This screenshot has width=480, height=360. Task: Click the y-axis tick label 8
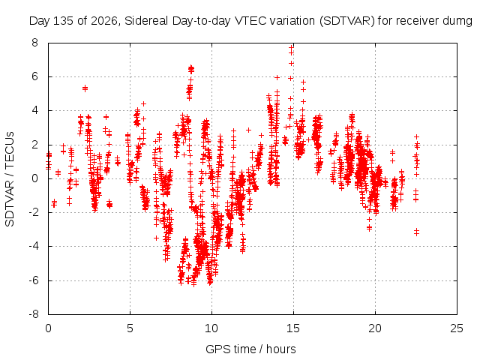(x=35, y=43)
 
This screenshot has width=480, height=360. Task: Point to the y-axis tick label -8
(x=34, y=314)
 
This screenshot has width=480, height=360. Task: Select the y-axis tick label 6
(x=35, y=76)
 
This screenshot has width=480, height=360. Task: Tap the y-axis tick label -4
(x=34, y=246)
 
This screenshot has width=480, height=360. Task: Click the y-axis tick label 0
(x=35, y=178)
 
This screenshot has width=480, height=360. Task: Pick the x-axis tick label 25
(x=457, y=328)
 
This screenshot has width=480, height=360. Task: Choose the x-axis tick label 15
(x=293, y=328)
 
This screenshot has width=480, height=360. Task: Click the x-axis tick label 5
(x=130, y=328)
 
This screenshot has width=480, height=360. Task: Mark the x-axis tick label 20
(x=375, y=328)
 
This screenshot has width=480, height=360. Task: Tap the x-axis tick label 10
(x=211, y=328)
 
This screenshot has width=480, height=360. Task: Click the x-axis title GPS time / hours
(x=250, y=349)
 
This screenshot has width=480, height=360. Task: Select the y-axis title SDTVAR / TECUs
(x=10, y=179)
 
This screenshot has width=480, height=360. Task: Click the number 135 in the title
(x=63, y=21)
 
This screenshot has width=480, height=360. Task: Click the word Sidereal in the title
(x=147, y=21)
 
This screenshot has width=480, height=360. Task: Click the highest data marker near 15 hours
(x=291, y=47)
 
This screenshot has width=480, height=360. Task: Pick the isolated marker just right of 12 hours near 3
(x=248, y=130)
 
